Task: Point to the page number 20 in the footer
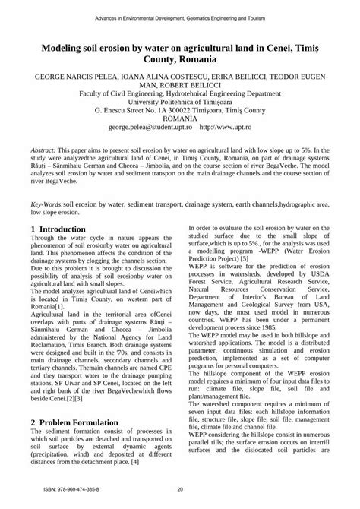coord(180,489)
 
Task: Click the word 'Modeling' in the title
coord(59,47)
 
